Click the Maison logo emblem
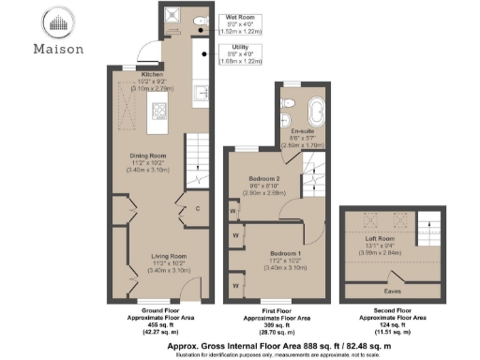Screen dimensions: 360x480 pos(59,22)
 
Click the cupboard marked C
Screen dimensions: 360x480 pos(198,208)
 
